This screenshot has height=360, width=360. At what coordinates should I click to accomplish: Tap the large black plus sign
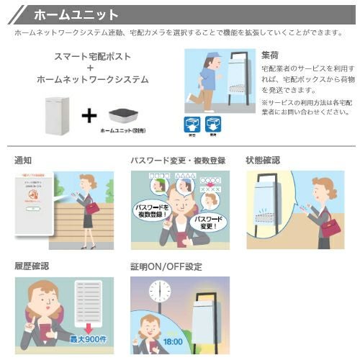point(88,114)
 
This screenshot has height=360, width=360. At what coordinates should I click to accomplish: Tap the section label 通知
point(22,160)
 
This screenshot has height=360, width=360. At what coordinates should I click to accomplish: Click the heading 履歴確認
point(32,266)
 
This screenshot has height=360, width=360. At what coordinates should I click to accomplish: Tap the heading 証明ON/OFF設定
point(166,266)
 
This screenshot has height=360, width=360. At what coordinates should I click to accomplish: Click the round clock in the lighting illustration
point(160,292)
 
